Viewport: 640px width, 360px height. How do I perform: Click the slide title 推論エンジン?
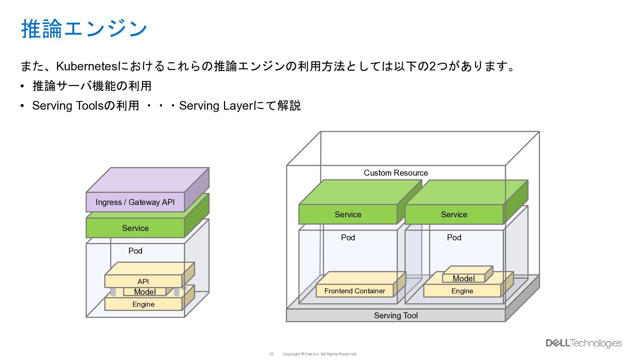[84, 29]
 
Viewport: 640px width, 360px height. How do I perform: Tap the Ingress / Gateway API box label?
[135, 202]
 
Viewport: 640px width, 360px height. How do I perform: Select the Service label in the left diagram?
[135, 228]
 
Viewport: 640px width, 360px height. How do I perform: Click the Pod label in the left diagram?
[135, 251]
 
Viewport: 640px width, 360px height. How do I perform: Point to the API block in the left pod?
[143, 281]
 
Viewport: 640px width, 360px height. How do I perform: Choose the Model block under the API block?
[145, 292]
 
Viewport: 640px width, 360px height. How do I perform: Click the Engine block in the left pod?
[143, 304]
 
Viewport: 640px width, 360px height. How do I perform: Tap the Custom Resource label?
[396, 173]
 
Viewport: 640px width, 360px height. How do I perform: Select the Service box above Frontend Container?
[348, 215]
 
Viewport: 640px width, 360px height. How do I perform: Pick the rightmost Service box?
[454, 215]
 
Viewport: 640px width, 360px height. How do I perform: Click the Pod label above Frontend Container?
[348, 238]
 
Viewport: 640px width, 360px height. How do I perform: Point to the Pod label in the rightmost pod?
[454, 238]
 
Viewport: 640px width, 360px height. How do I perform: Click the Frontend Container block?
[355, 291]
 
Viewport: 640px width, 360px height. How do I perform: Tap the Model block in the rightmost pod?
[463, 278]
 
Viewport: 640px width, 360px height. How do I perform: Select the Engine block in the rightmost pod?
[462, 291]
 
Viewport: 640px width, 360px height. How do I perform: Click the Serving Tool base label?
[396, 316]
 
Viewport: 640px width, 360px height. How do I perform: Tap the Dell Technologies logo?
[583, 343]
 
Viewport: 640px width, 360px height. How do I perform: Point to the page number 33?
[271, 354]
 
